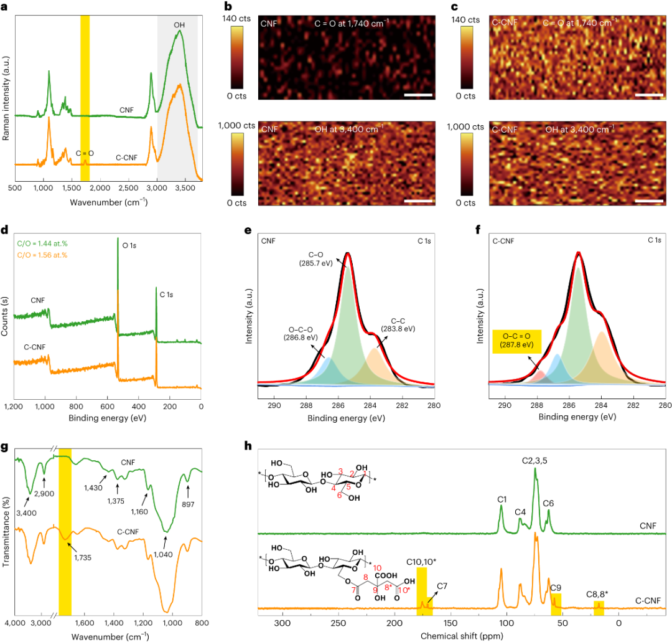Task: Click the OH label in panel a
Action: (179, 24)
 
